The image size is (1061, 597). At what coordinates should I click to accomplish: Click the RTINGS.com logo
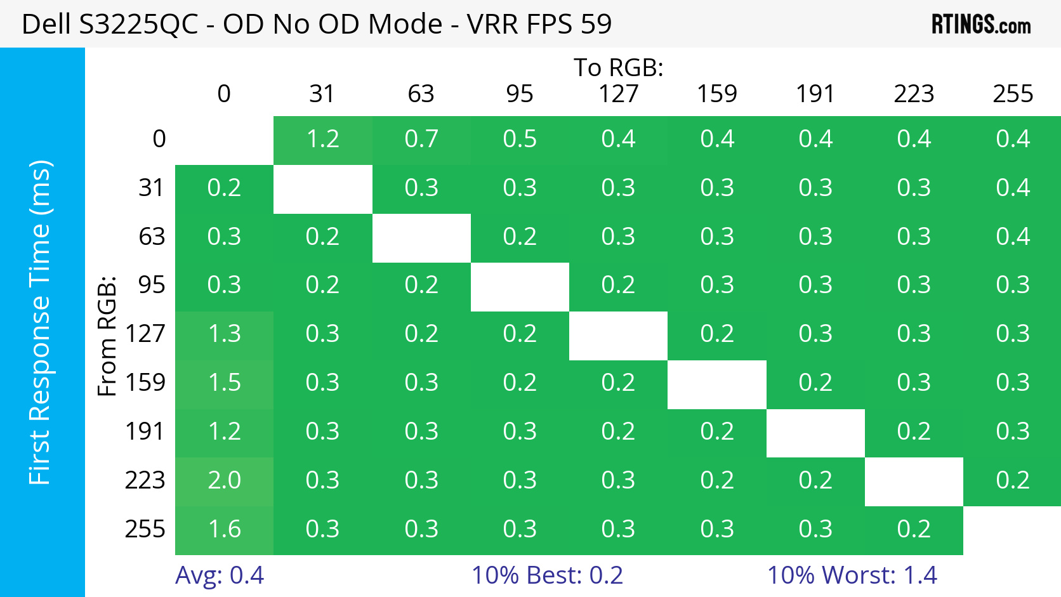(980, 25)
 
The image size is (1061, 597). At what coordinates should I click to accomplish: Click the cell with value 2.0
(224, 480)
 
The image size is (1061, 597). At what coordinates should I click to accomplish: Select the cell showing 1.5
(224, 383)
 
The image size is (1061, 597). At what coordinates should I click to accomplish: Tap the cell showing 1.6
(224, 529)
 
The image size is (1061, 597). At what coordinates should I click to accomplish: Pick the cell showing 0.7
(421, 139)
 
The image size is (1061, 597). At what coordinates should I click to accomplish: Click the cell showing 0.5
(520, 139)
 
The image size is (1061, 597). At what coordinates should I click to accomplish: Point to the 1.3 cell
(224, 334)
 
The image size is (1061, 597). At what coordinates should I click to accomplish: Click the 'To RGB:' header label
(619, 67)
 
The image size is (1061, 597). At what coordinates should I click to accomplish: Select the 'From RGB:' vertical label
(107, 336)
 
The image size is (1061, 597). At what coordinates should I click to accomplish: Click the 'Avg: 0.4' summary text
(220, 575)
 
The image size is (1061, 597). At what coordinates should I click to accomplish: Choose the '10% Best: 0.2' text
(547, 575)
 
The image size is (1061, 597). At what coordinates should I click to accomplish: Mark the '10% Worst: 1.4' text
(852, 575)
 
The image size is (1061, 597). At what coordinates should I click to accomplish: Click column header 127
(619, 94)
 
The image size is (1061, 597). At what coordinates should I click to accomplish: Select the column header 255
(1013, 94)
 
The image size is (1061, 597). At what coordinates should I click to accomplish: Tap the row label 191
(145, 431)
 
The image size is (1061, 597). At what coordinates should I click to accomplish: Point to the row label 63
(152, 237)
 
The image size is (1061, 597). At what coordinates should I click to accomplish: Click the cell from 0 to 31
(323, 139)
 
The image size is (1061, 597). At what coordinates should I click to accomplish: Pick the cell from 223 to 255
(1013, 480)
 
